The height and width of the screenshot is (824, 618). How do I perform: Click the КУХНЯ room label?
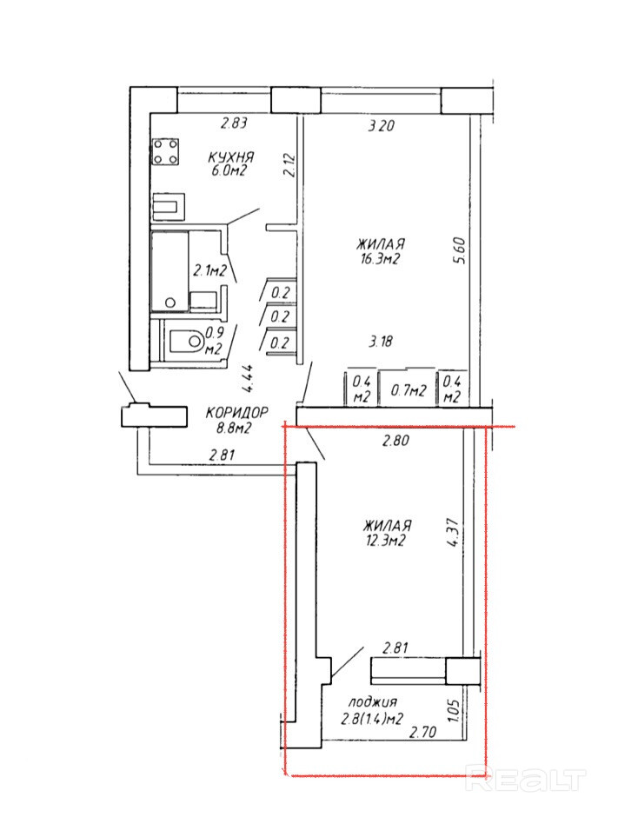coord(230,157)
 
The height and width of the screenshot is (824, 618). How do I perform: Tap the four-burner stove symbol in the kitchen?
coord(165,152)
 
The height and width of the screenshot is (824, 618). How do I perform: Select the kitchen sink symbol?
coord(169,207)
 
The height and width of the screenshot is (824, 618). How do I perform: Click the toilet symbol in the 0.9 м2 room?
coord(186,342)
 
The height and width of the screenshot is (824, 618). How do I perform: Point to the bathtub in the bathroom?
coord(169,272)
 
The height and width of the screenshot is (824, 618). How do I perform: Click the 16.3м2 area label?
coord(381,260)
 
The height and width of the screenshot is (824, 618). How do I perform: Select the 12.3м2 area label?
coord(386,542)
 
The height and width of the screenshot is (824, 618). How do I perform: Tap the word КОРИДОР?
coord(237,413)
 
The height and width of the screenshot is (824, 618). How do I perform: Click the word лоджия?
coord(373,701)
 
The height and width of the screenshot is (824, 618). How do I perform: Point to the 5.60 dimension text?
coord(459,250)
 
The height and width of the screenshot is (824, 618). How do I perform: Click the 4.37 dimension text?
coord(453,534)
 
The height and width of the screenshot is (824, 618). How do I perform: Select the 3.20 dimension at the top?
coord(381,126)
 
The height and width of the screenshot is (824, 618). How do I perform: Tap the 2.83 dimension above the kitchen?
coord(234,123)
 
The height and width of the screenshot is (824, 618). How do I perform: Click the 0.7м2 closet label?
coord(409,390)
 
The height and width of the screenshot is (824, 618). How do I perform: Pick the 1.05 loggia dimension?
coord(455,710)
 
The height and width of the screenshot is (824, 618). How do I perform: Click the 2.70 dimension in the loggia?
coord(423,731)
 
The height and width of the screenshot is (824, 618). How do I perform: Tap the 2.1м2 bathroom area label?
coord(209,270)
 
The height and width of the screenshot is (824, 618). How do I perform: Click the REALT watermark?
coord(526,781)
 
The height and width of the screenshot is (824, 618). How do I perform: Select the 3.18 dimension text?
coord(380,341)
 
